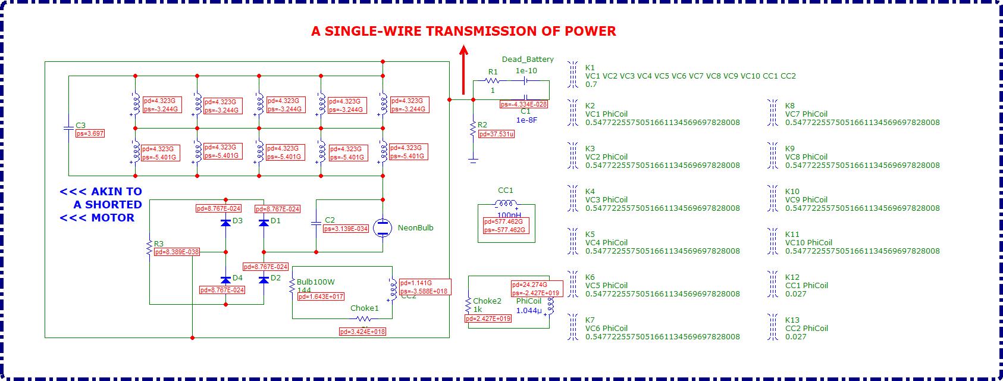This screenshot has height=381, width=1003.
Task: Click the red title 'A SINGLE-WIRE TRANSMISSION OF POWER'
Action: [x=463, y=32]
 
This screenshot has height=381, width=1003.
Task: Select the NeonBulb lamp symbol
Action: [x=382, y=227]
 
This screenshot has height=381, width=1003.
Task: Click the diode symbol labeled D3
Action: [x=225, y=222]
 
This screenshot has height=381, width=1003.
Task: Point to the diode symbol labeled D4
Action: [x=225, y=279]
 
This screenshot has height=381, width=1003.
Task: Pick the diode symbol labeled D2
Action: [x=264, y=279]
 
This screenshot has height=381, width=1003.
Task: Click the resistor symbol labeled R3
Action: [x=149, y=249]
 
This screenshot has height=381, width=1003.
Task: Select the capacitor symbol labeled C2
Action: [x=316, y=223]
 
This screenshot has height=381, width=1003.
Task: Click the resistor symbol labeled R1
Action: [x=492, y=81]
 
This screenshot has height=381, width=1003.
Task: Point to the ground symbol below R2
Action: [x=473, y=160]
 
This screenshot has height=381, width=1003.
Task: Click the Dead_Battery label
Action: [x=528, y=59]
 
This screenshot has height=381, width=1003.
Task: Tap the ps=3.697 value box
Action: [x=90, y=134]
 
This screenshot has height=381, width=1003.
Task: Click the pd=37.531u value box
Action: [x=497, y=135]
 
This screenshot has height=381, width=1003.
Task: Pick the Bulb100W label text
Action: [x=316, y=282]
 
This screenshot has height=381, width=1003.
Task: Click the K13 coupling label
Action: [x=792, y=320]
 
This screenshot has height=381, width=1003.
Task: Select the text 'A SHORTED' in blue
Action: [x=108, y=205]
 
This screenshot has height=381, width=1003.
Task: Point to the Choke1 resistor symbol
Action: [x=363, y=319]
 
